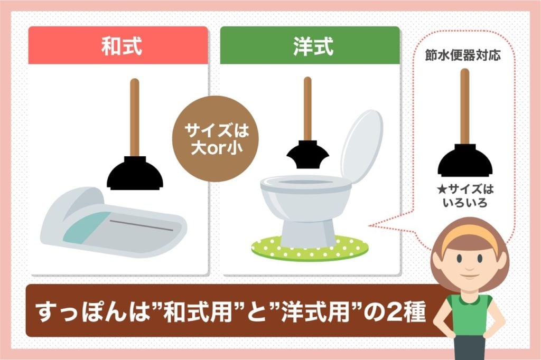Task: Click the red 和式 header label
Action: (x=118, y=46)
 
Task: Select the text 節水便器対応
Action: (x=463, y=55)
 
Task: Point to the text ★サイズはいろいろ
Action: (x=464, y=195)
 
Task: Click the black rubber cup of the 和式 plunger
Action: (x=134, y=174)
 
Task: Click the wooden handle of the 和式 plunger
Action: (x=134, y=116)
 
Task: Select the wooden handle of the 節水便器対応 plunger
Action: (x=464, y=106)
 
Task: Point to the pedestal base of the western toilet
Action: (x=309, y=227)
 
